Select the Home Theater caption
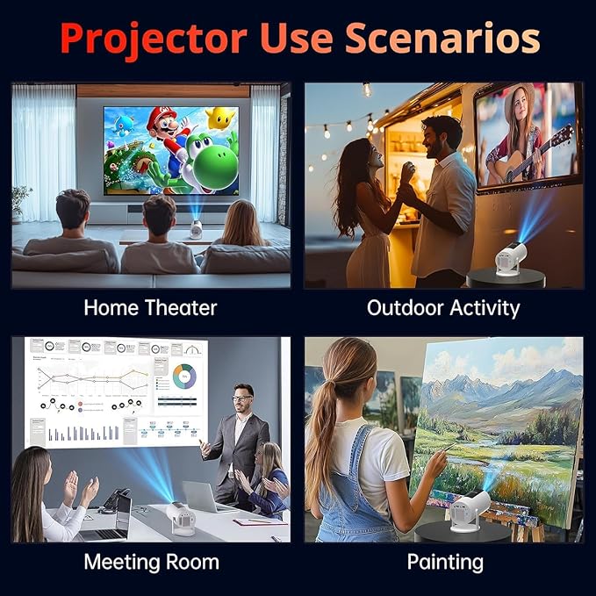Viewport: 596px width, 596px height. pyautogui.click(x=150, y=308)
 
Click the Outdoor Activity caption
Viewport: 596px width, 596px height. pyautogui.click(x=443, y=308)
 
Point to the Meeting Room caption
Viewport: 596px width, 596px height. pyautogui.click(x=151, y=562)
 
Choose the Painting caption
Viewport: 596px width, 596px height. pyautogui.click(x=445, y=562)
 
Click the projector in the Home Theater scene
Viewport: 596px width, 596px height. pyautogui.click(x=196, y=228)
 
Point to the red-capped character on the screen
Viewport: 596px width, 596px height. pyautogui.click(x=166, y=132)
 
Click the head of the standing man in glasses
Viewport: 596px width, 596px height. pyautogui.click(x=243, y=400)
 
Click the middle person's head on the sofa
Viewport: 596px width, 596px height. pyautogui.click(x=160, y=214)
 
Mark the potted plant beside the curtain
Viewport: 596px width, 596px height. pyautogui.click(x=20, y=200)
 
